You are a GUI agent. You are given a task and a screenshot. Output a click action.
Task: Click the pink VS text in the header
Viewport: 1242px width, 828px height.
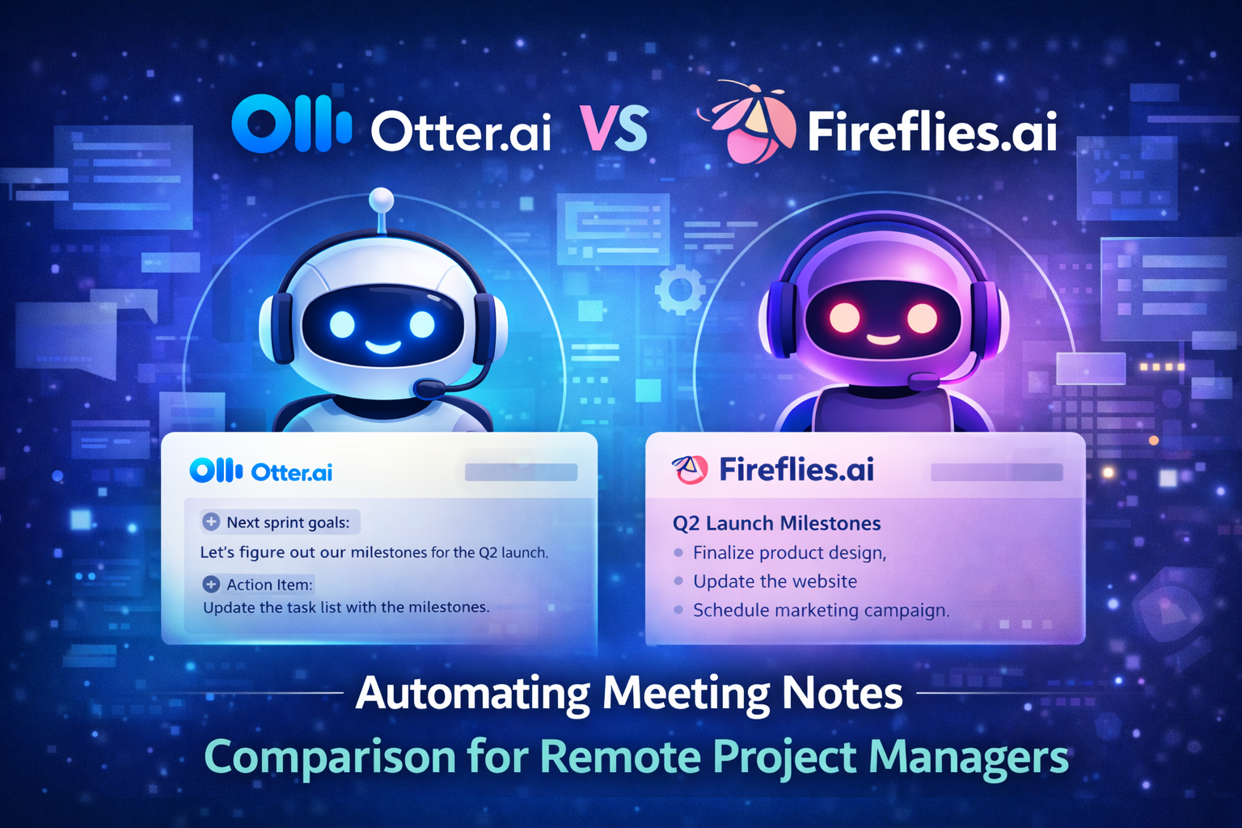pyautogui.click(x=615, y=129)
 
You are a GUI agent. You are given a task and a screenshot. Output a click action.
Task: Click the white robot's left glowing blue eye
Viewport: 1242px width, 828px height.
pyautogui.click(x=341, y=324)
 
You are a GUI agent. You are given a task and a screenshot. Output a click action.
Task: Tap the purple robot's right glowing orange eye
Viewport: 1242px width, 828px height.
pyautogui.click(x=922, y=319)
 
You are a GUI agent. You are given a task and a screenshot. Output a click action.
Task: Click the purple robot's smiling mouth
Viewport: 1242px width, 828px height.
pyautogui.click(x=884, y=338)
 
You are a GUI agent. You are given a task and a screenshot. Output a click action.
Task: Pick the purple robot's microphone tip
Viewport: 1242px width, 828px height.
pyautogui.click(x=922, y=381)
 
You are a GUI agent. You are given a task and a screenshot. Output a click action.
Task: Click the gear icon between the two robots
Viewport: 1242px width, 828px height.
pyautogui.click(x=680, y=289)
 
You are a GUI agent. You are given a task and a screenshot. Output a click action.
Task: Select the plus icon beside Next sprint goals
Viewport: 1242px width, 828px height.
pyautogui.click(x=211, y=522)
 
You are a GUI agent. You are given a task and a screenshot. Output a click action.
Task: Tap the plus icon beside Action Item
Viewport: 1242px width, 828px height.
pyautogui.click(x=211, y=585)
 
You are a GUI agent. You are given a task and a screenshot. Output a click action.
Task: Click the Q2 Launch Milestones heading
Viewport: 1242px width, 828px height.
pyautogui.click(x=776, y=523)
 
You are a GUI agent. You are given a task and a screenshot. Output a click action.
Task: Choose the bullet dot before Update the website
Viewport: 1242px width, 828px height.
pyautogui.click(x=678, y=581)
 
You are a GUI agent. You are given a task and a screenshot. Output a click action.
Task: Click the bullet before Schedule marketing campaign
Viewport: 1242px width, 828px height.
pyautogui.click(x=678, y=610)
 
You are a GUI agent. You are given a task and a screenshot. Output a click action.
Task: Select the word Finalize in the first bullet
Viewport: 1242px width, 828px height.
pyautogui.click(x=723, y=553)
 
